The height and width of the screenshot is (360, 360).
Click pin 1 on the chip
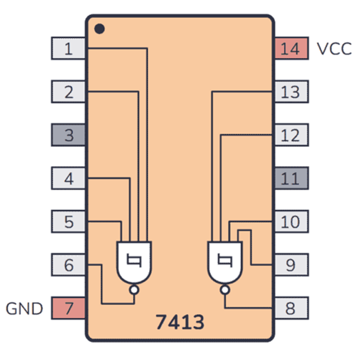(68, 48)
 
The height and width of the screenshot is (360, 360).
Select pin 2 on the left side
(68, 92)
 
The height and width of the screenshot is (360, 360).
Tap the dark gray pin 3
(68, 135)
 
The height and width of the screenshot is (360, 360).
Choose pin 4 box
(68, 179)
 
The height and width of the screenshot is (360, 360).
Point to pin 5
(68, 221)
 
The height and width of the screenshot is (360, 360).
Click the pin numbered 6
(68, 265)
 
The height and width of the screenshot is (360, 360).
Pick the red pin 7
(68, 308)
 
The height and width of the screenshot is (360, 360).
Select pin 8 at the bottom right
(291, 308)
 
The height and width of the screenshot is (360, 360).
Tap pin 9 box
(291, 265)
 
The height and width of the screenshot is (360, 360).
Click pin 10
(291, 221)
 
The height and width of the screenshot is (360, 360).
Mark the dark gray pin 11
(291, 179)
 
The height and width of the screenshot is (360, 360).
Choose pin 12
(291, 135)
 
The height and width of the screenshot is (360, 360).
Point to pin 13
(291, 92)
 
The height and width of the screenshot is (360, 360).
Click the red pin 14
(291, 48)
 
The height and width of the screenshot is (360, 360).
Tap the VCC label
(334, 49)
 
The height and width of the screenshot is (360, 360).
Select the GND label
(24, 309)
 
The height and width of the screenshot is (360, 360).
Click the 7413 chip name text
(180, 322)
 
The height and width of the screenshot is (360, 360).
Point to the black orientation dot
(99, 29)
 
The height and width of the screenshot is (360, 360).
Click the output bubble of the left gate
(134, 290)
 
